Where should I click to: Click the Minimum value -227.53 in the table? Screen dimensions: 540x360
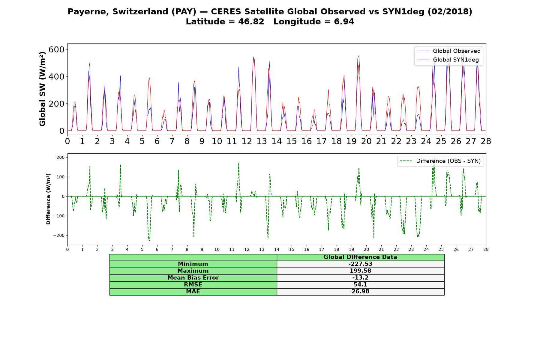tap(360, 264)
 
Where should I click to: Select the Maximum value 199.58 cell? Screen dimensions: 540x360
tap(360, 271)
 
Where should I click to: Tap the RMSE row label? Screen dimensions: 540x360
tap(193, 285)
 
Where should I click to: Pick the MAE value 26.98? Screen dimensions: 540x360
tap(360, 292)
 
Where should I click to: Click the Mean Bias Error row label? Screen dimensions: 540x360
tap(193, 278)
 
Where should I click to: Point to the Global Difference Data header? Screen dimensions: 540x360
tap(360, 257)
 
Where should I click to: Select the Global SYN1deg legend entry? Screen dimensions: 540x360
tap(448, 60)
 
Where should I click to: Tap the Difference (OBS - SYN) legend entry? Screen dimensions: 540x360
tap(440, 161)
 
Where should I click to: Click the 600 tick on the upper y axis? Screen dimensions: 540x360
tap(56, 49)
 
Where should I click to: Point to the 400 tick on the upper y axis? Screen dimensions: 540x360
tap(56, 77)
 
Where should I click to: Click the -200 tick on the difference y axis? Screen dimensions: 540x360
tap(59, 235)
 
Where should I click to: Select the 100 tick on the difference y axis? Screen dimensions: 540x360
tap(61, 177)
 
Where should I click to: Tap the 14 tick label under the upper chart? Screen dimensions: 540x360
tap(277, 141)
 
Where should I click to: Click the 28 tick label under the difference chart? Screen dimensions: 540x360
tap(486, 249)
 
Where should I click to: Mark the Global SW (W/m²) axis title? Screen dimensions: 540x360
tap(42, 89)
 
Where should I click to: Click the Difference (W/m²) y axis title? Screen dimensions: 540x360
tap(48, 199)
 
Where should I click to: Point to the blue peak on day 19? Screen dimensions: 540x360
tap(358, 56)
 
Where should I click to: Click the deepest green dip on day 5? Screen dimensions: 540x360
tap(149, 240)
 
